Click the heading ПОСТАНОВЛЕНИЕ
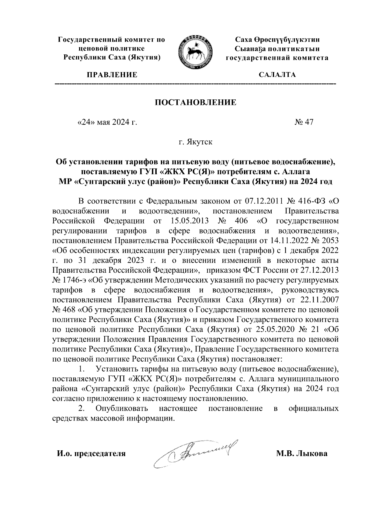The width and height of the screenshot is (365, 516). pos(196,102)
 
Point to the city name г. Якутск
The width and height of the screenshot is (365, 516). pos(196,142)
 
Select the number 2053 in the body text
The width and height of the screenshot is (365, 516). pos(329,241)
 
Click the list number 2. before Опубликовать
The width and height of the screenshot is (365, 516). pos(81,408)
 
